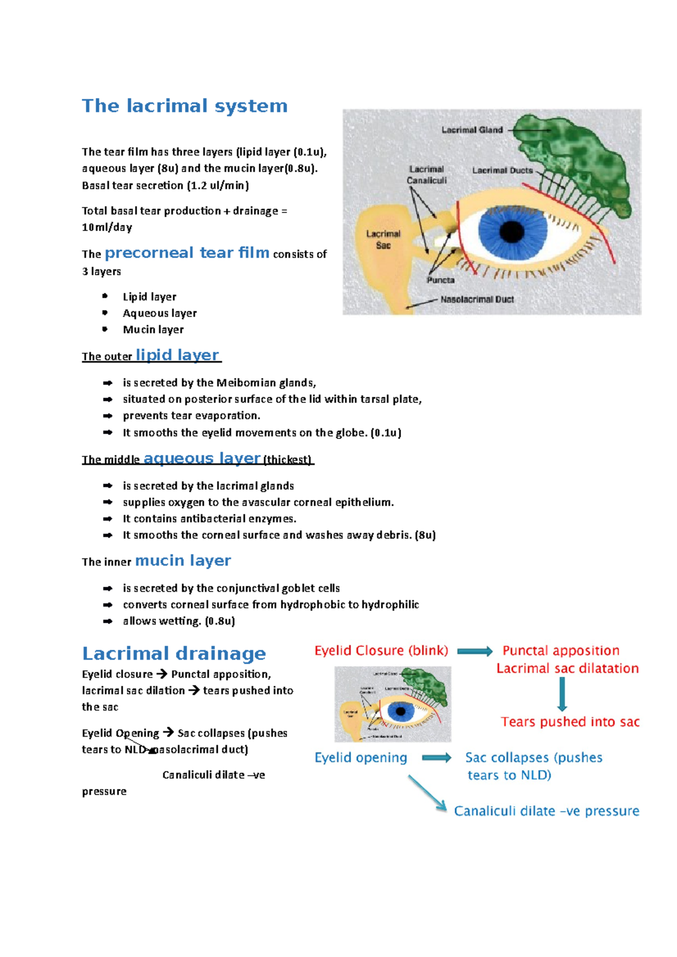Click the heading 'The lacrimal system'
184,106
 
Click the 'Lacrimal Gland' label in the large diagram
472,130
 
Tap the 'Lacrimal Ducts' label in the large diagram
502,170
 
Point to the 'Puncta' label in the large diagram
441,280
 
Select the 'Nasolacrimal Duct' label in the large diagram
477,299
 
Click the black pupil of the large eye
512,231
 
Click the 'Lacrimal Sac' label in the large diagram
383,240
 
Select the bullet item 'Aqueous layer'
160,313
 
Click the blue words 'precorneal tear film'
187,253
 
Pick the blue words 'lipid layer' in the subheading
177,355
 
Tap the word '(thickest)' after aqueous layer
287,459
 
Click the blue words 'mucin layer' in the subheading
183,561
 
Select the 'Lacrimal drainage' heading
174,654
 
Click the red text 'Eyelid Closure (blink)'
381,651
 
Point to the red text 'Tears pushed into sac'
570,722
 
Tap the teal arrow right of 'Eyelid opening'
437,758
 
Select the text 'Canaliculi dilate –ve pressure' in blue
546,811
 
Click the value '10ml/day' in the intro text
107,228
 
